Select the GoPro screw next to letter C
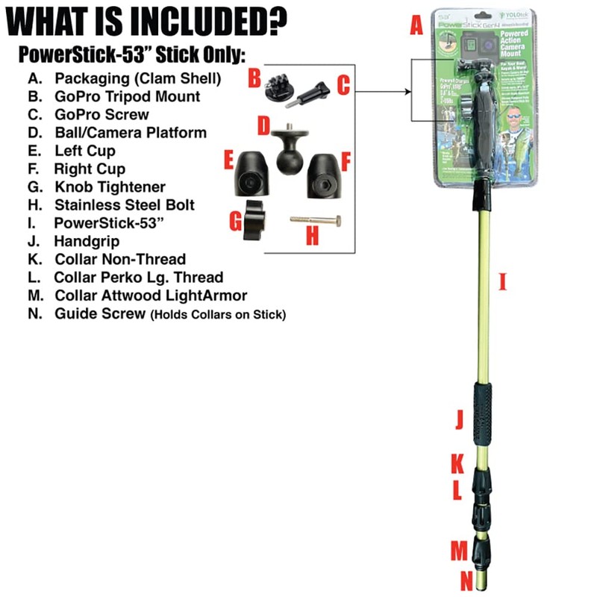pyautogui.click(x=314, y=96)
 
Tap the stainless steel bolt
pyautogui.click(x=315, y=221)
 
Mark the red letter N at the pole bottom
pyautogui.click(x=466, y=579)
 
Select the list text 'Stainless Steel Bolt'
pyautogui.click(x=125, y=204)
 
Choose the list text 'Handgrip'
pyautogui.click(x=87, y=241)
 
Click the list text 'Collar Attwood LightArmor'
pyautogui.click(x=151, y=296)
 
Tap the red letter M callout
pyautogui.click(x=458, y=551)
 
